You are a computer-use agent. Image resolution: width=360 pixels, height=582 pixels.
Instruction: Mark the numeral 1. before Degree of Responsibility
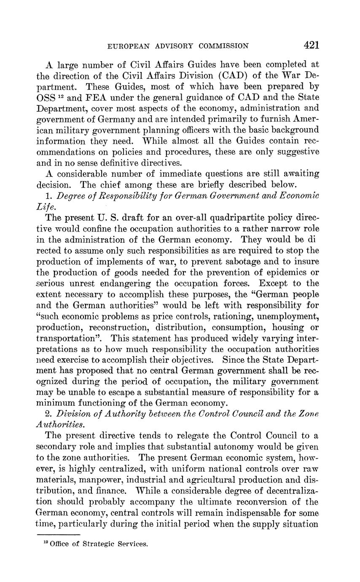[48, 196]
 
